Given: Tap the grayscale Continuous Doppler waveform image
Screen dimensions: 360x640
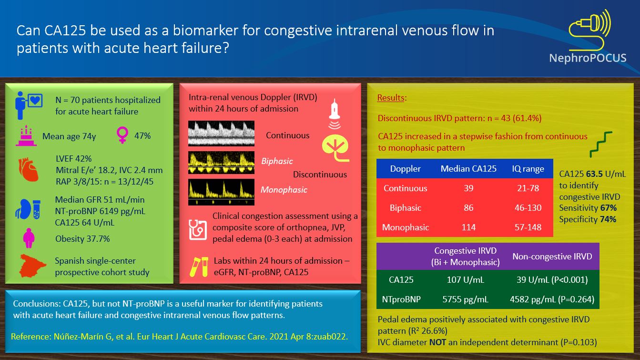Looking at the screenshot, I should (x=221, y=133).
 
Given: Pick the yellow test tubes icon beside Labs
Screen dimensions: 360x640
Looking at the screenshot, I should (x=198, y=266).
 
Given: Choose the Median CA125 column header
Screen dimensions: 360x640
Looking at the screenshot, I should (x=468, y=169).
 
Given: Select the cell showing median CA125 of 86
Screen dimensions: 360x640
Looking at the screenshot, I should (x=468, y=208).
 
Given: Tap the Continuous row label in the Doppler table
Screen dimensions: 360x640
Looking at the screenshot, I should (x=406, y=188).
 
